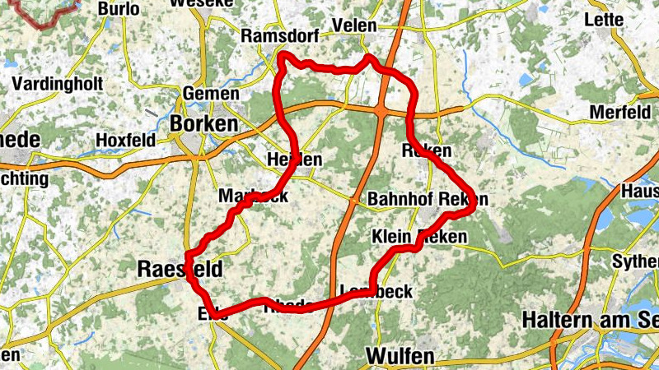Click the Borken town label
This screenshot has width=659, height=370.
tap(203, 123)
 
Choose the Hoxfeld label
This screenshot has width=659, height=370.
tap(125, 140)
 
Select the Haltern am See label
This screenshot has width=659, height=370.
tap(591, 318)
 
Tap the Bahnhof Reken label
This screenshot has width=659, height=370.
tap(428, 200)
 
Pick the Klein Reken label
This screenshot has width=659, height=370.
tap(420, 237)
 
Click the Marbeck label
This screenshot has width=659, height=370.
tap(253, 197)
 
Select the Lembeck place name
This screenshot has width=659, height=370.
tap(376, 291)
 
